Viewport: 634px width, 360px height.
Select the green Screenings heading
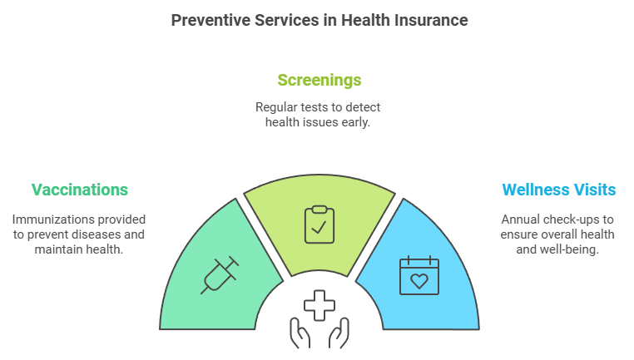pos(319,80)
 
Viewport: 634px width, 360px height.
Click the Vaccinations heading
pos(80,190)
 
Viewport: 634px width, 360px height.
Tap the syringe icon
pos(220,274)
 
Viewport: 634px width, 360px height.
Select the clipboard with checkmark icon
pos(319,224)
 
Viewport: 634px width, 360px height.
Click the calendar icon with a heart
pos(419,275)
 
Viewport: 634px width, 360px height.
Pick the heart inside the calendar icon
pos(419,281)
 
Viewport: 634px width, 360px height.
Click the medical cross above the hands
pos(319,305)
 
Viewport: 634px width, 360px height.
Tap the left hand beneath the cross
pos(300,333)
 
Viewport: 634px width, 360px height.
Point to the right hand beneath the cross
pos(339,333)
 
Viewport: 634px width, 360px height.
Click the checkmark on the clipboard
pos(319,228)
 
